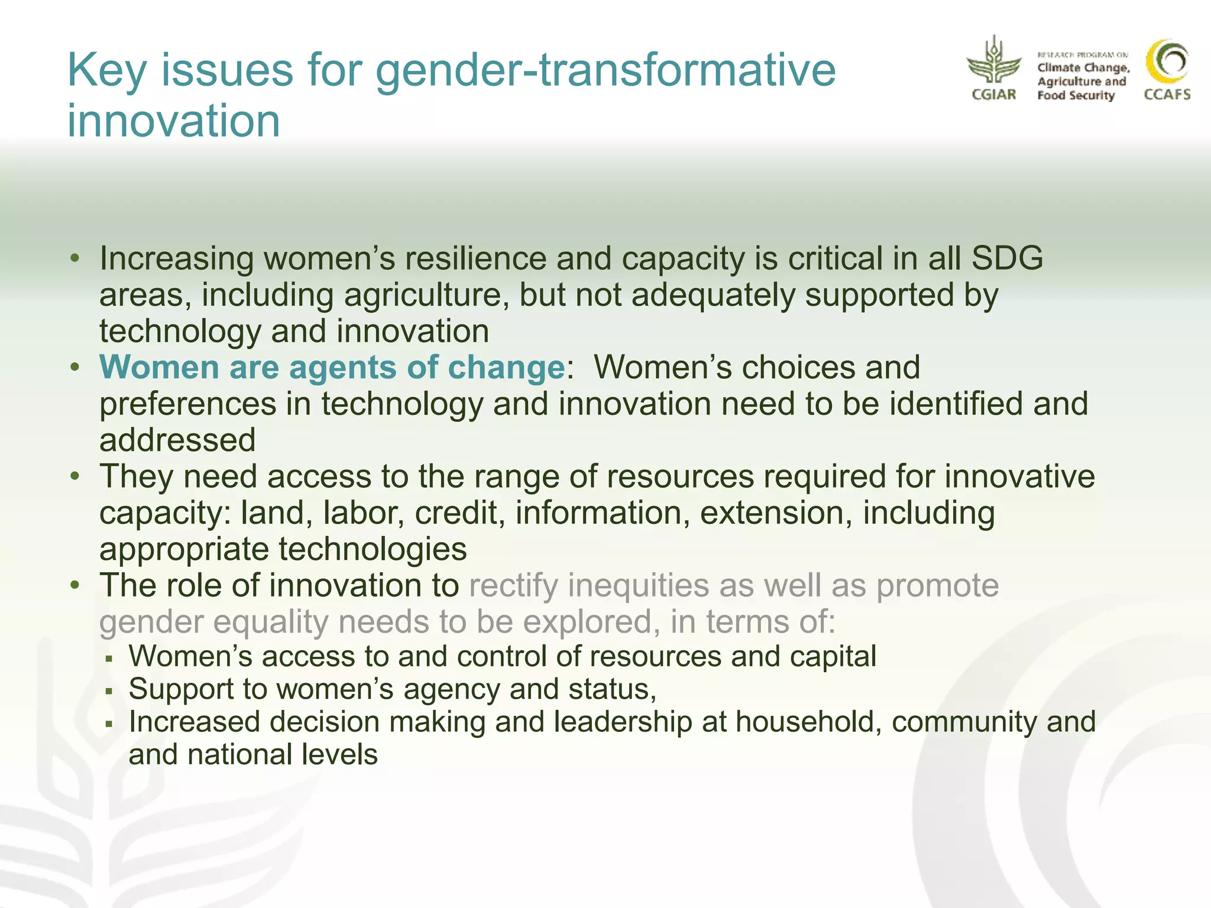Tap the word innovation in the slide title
point(173,121)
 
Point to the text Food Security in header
point(1076,96)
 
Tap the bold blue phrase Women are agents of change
point(332,367)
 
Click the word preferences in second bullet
point(187,404)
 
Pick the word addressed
point(177,440)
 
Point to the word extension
point(776,513)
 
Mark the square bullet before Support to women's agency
point(108,690)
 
